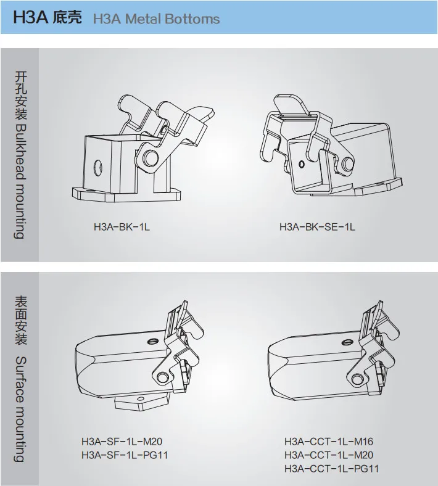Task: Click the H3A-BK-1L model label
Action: click(x=122, y=227)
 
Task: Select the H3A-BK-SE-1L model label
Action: click(x=317, y=227)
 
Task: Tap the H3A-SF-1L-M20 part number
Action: click(x=122, y=442)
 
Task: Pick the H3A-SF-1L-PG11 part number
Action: click(x=125, y=455)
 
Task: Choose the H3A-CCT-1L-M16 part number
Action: click(x=329, y=442)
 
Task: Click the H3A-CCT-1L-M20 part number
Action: click(x=329, y=455)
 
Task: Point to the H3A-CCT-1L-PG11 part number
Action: click(x=332, y=468)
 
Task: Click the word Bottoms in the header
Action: click(x=192, y=19)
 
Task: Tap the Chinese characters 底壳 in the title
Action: click(x=67, y=18)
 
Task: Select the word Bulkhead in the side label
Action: click(x=20, y=151)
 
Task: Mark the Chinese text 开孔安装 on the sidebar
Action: click(x=21, y=96)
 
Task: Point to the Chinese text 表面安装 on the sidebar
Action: click(x=21, y=320)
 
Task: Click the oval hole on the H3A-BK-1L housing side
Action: click(x=97, y=168)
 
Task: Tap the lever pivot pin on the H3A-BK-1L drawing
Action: click(x=151, y=158)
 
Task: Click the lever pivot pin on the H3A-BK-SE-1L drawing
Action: click(x=347, y=163)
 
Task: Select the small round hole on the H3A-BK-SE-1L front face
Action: click(x=301, y=164)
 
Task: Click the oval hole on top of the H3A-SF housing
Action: click(x=152, y=342)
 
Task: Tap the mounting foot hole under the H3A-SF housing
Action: click(x=141, y=398)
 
